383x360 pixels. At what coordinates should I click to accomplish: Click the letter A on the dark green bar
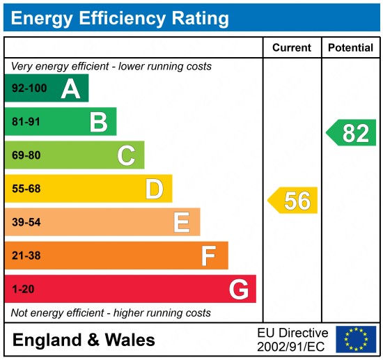click(70, 88)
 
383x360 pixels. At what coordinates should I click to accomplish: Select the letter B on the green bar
click(98, 122)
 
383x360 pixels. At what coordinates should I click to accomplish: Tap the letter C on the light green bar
click(126, 155)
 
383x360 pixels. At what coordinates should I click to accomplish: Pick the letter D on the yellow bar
click(154, 189)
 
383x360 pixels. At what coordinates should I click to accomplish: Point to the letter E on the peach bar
click(182, 222)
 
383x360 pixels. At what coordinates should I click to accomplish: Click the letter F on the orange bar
click(209, 256)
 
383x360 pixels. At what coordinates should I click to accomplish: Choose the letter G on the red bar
click(239, 289)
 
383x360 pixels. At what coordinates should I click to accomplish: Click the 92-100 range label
click(27, 89)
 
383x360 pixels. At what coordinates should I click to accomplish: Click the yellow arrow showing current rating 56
click(293, 201)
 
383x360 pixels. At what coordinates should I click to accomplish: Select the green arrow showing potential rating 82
click(352, 132)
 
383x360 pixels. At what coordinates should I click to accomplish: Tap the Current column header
click(291, 48)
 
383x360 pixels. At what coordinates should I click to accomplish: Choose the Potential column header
click(351, 48)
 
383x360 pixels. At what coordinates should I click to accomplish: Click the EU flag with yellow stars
click(355, 339)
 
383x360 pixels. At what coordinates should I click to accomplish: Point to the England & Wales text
click(84, 341)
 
